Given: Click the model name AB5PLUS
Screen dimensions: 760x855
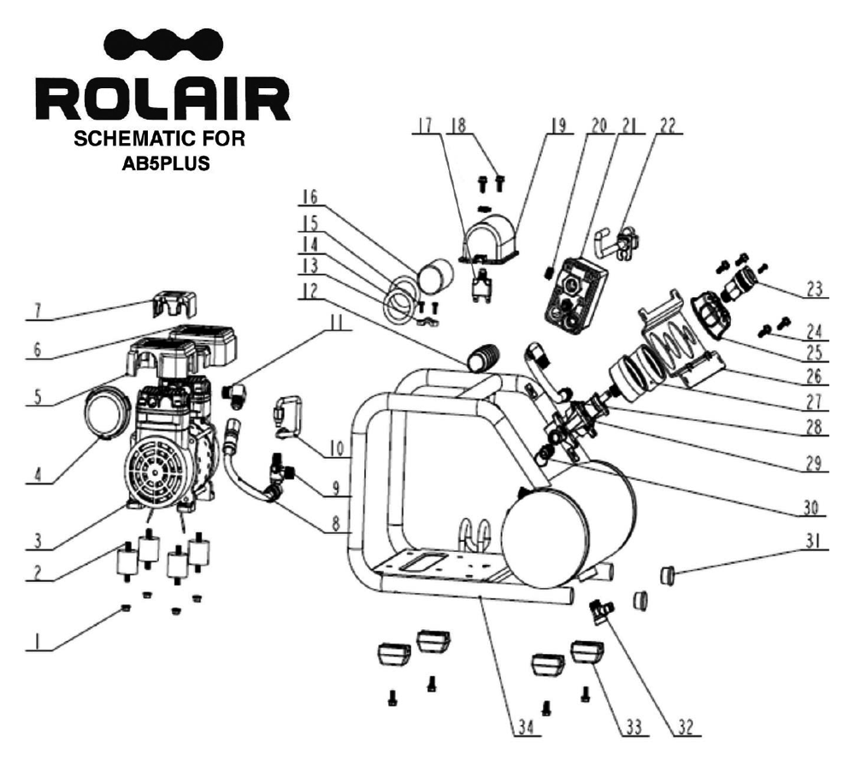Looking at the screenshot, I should click(166, 162).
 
